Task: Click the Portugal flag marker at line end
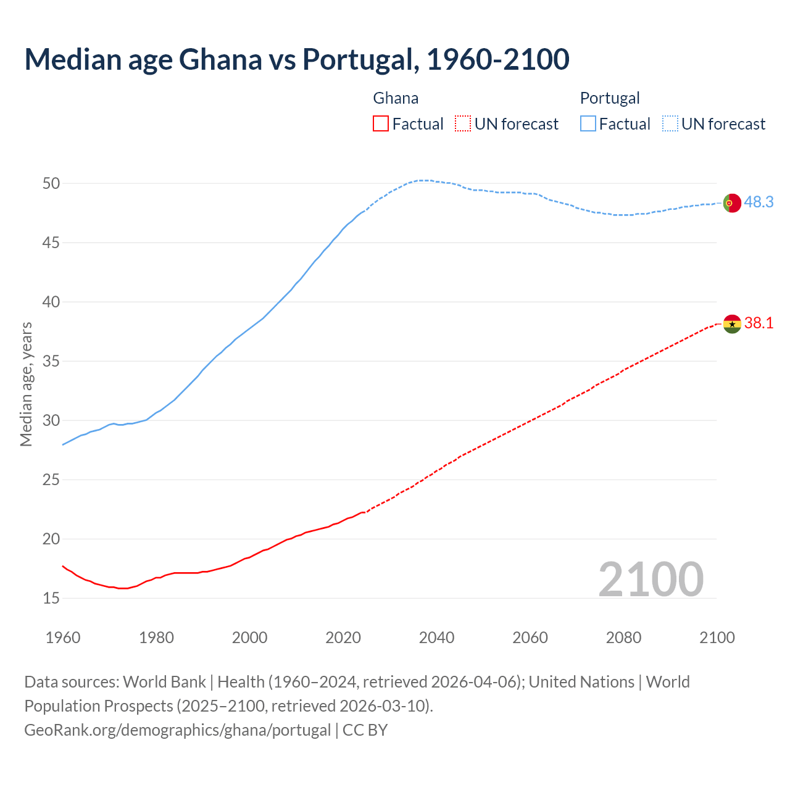731,202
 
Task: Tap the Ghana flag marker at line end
731,323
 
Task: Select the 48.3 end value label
759,202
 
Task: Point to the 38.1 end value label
759,323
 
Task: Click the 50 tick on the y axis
51,183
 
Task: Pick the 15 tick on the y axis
51,598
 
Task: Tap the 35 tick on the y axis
51,361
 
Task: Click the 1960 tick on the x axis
63,638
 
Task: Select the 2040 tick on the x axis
436,638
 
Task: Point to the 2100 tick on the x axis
717,638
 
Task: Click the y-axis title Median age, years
26,384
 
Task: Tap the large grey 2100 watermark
651,579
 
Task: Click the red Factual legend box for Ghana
381,124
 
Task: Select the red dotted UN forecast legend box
463,124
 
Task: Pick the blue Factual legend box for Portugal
588,124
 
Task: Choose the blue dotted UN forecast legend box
670,124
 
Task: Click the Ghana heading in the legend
396,98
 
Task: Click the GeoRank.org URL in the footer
178,730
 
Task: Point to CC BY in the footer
365,730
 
